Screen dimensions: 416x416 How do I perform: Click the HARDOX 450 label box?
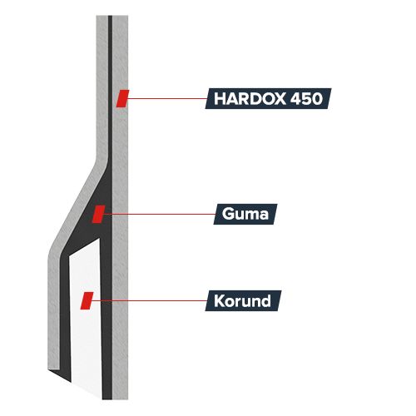pos(268,98)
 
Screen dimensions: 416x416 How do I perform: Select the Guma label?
pos(245,214)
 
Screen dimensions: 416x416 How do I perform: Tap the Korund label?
pos(243,300)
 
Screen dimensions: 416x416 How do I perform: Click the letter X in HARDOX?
pos(278,98)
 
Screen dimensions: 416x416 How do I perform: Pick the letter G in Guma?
pos(229,214)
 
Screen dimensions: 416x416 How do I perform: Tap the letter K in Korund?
pos(220,300)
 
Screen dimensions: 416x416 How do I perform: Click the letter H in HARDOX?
pos(220,98)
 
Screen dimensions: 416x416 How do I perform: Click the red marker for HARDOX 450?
pos(122,98)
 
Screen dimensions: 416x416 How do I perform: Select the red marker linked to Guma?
pos(99,214)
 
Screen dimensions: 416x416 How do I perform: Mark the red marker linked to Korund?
pos(87,300)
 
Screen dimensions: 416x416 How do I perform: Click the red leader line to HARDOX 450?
pos(167,98)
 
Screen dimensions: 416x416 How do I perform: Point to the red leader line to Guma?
pos(159,214)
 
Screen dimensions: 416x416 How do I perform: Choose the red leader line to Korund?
pos(149,300)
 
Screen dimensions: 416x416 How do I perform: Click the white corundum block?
pos(86,319)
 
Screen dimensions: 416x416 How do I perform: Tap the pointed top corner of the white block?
pos(99,239)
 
